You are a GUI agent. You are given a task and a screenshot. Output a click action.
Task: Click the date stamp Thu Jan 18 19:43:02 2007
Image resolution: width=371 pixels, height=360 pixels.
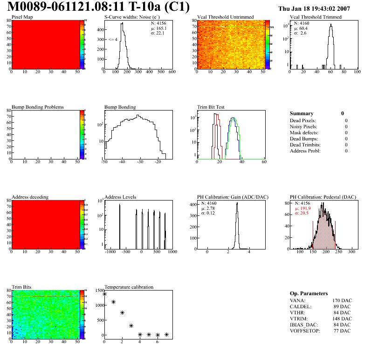tap(314, 8)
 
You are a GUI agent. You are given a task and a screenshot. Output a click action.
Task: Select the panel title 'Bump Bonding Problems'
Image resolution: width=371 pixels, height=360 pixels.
tap(38, 107)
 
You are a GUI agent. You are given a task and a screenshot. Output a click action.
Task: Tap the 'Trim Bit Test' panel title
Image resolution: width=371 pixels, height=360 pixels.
tap(211, 107)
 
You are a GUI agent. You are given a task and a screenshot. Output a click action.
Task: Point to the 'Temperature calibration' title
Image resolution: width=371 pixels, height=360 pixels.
tap(129, 287)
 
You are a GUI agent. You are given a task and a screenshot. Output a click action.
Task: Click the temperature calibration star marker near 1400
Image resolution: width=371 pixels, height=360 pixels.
tap(104, 294)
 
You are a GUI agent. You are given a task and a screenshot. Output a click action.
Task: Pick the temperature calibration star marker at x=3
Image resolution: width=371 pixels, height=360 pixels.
tap(131, 325)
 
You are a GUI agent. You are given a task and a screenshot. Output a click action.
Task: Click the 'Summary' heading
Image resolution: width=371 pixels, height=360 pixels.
tap(302, 113)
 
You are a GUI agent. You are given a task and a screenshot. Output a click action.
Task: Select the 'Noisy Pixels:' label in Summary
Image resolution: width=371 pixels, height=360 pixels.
tap(303, 126)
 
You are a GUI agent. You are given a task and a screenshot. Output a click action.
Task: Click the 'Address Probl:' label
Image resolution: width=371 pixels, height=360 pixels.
tap(305, 151)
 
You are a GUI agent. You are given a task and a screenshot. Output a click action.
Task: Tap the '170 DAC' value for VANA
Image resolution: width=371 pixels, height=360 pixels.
tap(342, 300)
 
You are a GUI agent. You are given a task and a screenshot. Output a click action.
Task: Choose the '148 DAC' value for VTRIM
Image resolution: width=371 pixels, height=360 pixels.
tap(342, 318)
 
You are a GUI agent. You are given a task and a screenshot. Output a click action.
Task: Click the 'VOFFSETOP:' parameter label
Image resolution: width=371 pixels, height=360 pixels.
tap(305, 331)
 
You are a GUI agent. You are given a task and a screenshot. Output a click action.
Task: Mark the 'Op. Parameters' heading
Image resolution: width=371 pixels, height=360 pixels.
tap(309, 294)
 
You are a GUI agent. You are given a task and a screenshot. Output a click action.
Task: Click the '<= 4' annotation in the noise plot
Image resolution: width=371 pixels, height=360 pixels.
tap(113, 39)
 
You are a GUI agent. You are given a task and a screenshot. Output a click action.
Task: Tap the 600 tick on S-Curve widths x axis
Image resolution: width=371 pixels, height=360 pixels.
tap(172, 72)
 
